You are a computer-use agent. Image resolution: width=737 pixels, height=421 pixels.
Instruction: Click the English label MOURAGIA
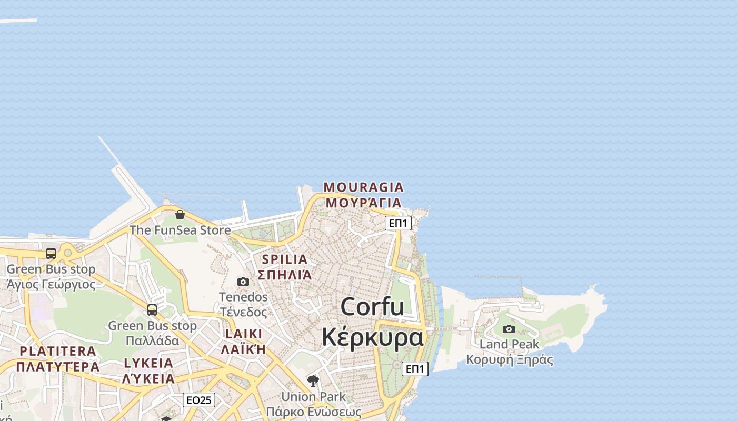(x=363, y=187)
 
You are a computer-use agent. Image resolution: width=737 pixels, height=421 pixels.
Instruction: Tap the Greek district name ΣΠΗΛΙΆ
(x=284, y=274)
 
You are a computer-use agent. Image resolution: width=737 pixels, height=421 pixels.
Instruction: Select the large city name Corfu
(x=372, y=307)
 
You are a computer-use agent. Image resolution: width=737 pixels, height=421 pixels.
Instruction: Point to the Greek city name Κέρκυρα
(x=372, y=337)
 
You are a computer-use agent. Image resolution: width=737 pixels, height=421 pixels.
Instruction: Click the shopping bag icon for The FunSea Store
(x=180, y=215)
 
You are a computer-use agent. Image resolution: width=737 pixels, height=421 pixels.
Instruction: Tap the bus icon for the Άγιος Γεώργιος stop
(x=51, y=254)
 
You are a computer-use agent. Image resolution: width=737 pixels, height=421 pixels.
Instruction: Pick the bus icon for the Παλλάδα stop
(x=152, y=310)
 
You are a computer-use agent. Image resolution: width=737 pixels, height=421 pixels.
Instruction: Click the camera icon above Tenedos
(x=243, y=282)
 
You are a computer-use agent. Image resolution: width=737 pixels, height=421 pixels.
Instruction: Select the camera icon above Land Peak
(x=509, y=329)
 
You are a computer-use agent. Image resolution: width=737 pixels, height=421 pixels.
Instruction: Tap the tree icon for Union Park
(x=313, y=380)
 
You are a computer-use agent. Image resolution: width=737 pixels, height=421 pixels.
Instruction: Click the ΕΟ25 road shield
(x=199, y=400)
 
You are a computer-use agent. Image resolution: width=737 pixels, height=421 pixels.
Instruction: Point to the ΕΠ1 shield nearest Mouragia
(x=398, y=223)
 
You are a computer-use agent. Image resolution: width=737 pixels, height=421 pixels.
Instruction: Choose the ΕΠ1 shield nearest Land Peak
(x=415, y=369)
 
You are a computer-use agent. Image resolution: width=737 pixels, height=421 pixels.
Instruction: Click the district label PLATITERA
(x=58, y=351)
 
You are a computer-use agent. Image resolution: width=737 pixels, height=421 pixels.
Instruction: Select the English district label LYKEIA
(x=148, y=363)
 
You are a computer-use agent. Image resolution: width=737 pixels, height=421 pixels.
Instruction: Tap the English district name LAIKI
(x=244, y=334)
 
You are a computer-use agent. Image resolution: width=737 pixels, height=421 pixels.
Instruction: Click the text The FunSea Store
(x=180, y=230)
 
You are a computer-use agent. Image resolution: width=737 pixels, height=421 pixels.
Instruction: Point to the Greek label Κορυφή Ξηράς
(x=509, y=360)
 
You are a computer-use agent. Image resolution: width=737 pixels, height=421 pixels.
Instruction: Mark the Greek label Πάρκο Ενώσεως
(x=313, y=412)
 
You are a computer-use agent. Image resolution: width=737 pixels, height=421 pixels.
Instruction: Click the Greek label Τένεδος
(x=243, y=312)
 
